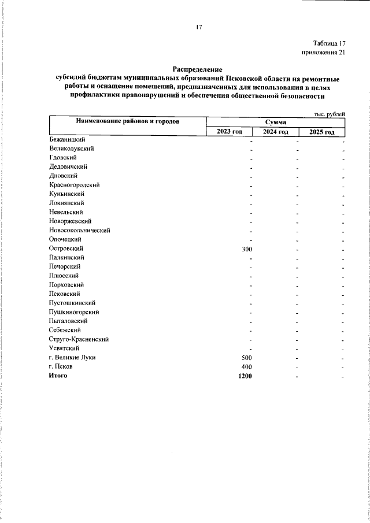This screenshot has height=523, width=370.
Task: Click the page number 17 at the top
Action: tap(198, 27)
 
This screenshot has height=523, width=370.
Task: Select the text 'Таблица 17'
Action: tap(329, 43)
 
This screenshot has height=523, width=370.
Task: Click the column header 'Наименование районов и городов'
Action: tap(127, 121)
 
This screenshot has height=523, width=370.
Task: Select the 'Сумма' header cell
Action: tap(276, 123)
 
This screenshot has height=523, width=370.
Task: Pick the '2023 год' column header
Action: tap(230, 132)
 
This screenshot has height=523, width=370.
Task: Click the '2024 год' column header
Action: tap(275, 132)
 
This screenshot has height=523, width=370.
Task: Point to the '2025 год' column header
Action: tap(321, 132)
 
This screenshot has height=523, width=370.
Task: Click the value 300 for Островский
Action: tap(246, 248)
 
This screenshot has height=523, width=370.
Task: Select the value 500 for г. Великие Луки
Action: tap(246, 358)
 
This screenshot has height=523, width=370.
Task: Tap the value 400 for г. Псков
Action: tap(246, 367)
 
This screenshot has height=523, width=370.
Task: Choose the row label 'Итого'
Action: tap(58, 376)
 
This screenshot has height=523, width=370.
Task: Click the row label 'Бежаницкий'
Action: tap(68, 139)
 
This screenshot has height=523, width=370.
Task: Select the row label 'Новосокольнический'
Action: tap(80, 230)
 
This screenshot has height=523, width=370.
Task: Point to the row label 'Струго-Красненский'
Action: tap(79, 339)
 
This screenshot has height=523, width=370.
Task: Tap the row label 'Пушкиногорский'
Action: tap(74, 312)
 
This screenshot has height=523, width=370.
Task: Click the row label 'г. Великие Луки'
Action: tap(72, 358)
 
